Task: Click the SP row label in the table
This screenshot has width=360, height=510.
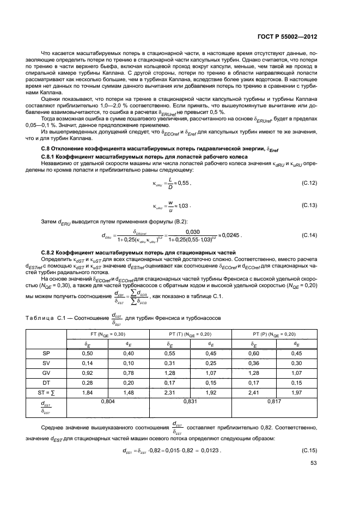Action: [x=46, y=353]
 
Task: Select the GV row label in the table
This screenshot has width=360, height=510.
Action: [x=46, y=373]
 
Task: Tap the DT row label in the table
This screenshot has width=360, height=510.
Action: [x=46, y=382]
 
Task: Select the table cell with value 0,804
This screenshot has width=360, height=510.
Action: [x=109, y=401]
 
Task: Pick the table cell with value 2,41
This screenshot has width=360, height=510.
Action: [x=251, y=392]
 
